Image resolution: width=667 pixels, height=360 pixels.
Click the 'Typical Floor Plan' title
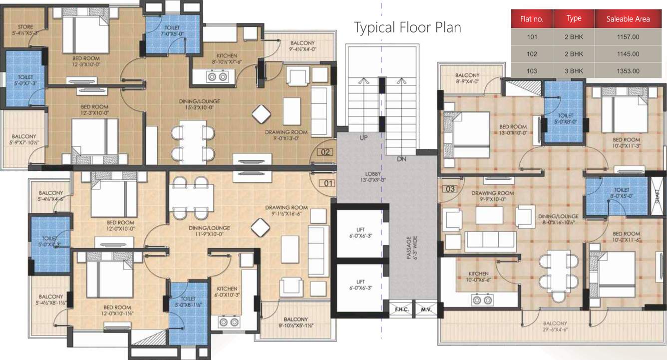[x=407, y=27]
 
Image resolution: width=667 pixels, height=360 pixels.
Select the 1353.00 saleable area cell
[x=628, y=71]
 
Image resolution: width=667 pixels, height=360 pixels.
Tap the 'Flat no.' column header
[x=532, y=19]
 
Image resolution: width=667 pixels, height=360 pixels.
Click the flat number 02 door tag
[x=326, y=152]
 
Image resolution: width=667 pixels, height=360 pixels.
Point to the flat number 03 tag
[x=450, y=189]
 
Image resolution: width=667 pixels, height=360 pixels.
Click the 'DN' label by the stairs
[x=401, y=159]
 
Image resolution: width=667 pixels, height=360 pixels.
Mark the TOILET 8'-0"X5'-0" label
[x=608, y=193]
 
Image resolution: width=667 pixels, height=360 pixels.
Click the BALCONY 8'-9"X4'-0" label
[x=467, y=78]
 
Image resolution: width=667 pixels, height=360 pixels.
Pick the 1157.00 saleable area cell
[x=628, y=36]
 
